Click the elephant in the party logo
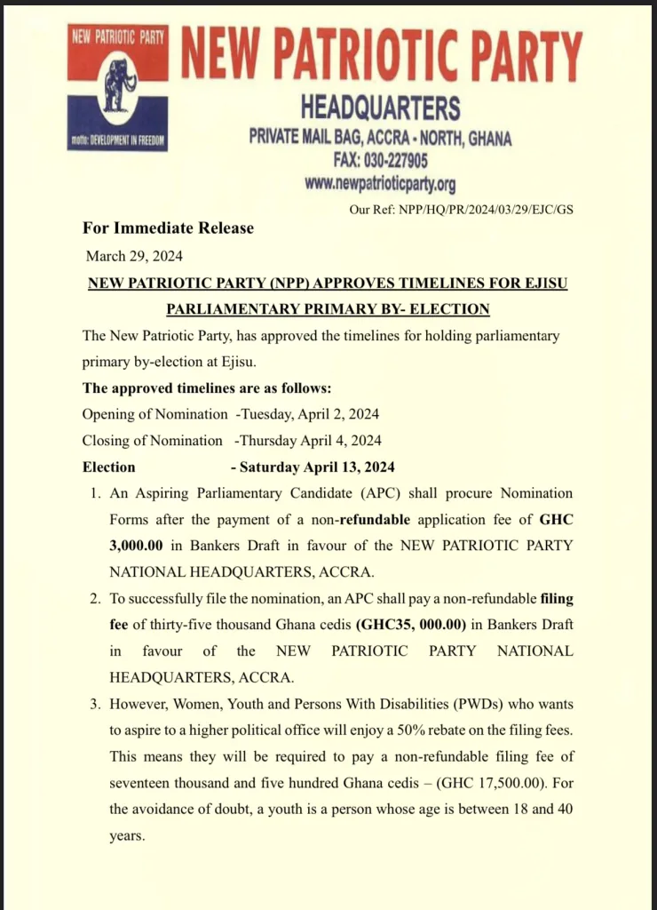coord(117,84)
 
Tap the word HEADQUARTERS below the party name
coord(380,109)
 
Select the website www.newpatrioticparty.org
coord(380,184)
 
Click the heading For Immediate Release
coord(169,228)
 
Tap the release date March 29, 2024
coord(134,256)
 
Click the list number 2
coord(96,598)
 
